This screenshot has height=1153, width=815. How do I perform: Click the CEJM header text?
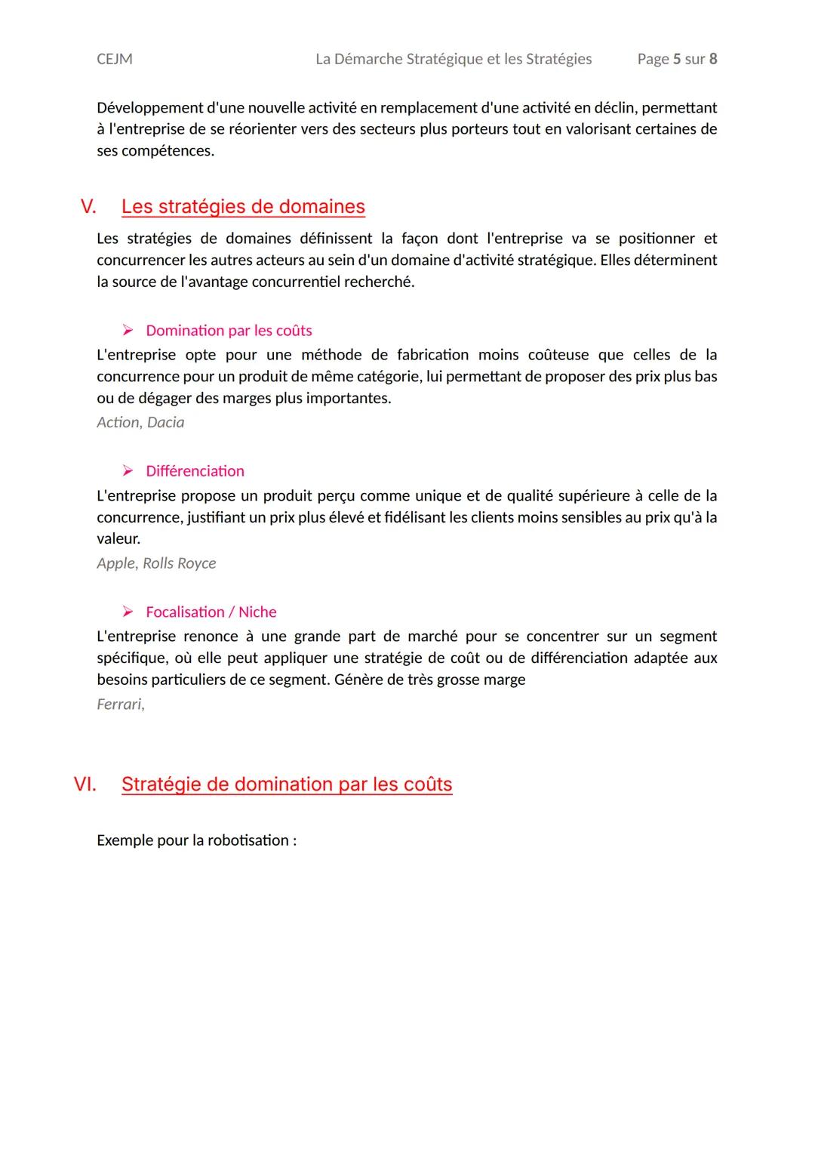tap(115, 59)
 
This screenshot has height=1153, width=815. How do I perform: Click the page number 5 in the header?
tap(677, 59)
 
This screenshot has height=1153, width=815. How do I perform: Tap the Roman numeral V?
tap(88, 206)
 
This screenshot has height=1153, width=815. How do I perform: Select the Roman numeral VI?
tap(85, 784)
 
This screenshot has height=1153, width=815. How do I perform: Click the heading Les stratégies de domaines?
tap(243, 206)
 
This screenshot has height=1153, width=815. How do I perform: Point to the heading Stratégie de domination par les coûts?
tap(287, 784)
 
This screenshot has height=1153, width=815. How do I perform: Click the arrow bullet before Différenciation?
tap(128, 471)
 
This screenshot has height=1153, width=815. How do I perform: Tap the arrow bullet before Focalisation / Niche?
tap(128, 612)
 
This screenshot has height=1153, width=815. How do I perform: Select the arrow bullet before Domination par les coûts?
tap(128, 331)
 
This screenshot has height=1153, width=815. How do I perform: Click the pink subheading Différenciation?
tap(195, 471)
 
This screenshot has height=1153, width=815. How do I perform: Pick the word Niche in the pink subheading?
tap(257, 612)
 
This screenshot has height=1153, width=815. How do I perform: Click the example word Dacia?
tap(165, 422)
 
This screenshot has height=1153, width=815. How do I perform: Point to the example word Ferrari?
tap(119, 704)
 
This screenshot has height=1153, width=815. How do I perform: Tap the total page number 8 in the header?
tap(713, 59)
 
